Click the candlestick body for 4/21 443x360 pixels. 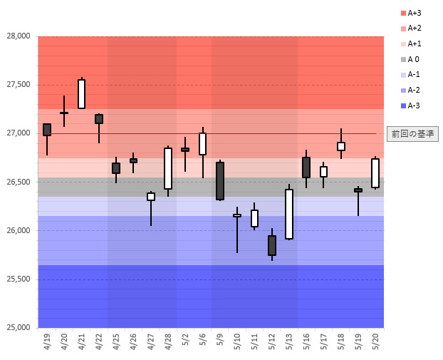(x=81, y=94)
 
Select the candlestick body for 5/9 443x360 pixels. (x=220, y=181)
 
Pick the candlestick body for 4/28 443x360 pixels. (x=168, y=168)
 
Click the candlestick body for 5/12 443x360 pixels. (x=272, y=245)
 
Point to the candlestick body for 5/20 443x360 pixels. (x=375, y=173)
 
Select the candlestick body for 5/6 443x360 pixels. (x=202, y=144)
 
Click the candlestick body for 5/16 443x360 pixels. (x=306, y=168)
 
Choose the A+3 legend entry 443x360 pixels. (x=412, y=13)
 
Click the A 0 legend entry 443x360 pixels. (x=412, y=59)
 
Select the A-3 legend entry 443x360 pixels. (x=412, y=106)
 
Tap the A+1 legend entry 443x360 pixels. (x=412, y=43)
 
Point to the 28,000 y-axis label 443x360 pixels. (x=19, y=36)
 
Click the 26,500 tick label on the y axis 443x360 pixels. (x=19, y=182)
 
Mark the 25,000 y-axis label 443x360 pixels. (x=19, y=328)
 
